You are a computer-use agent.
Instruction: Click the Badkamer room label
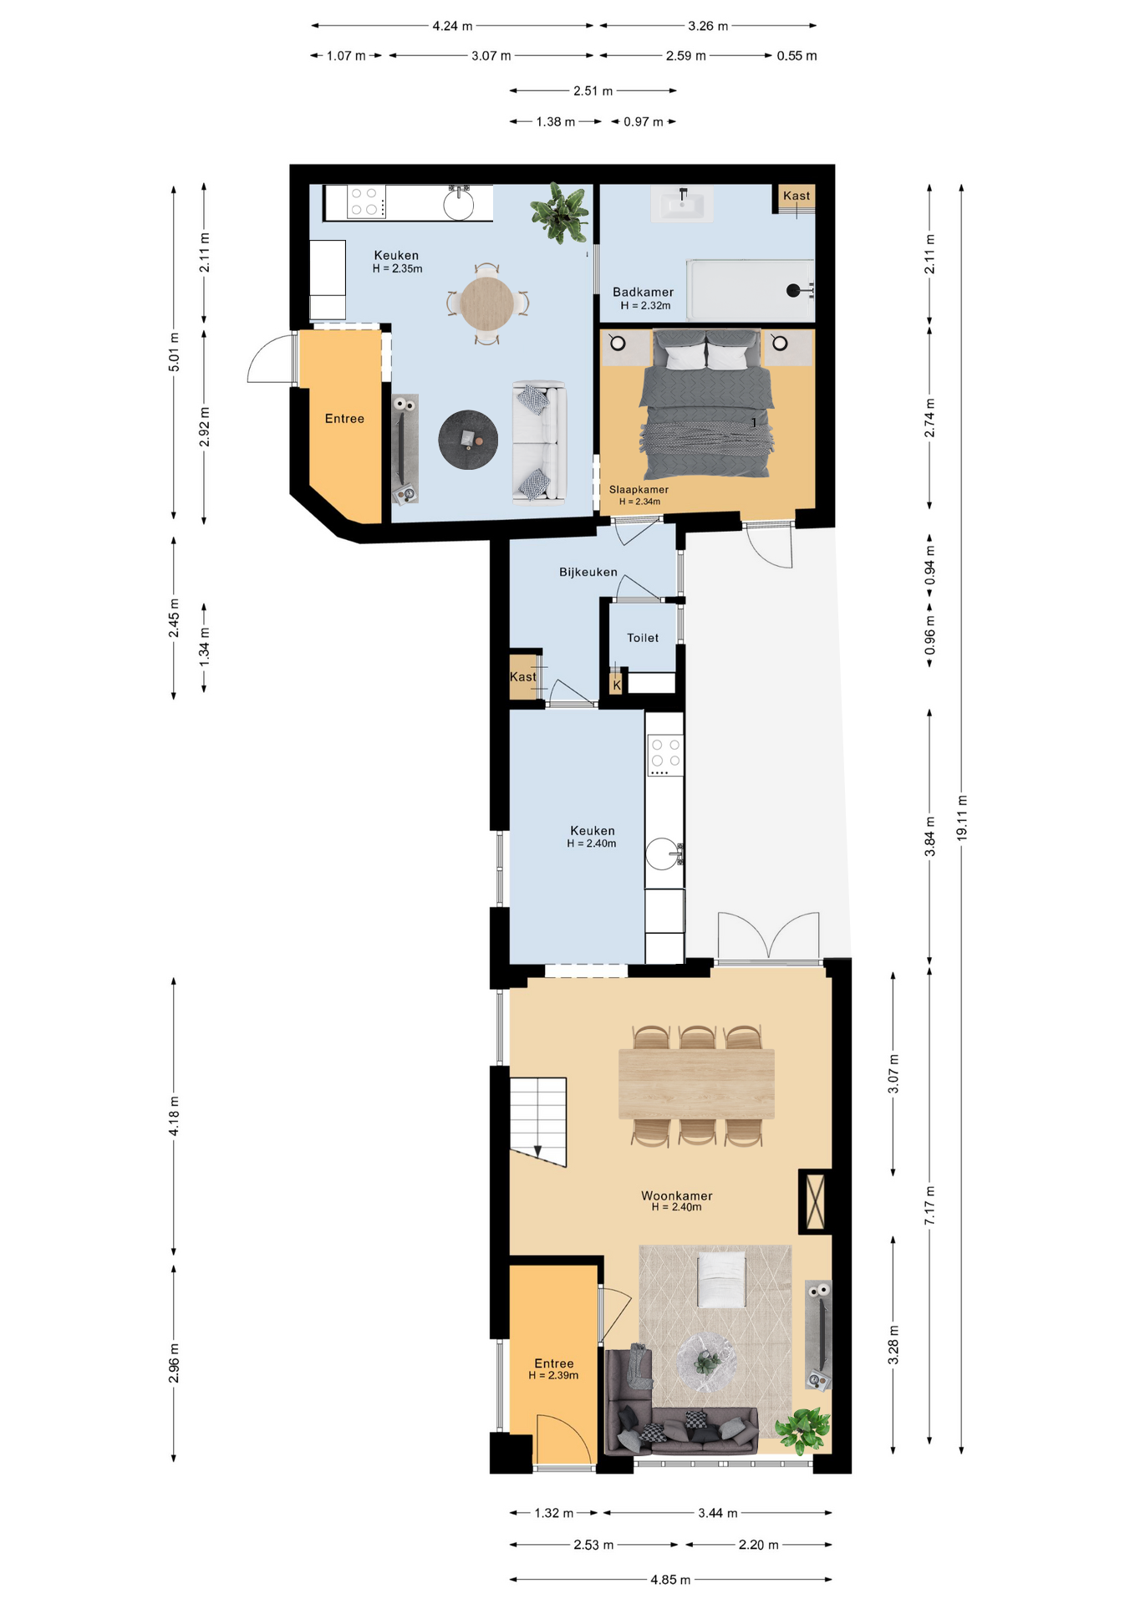click(643, 292)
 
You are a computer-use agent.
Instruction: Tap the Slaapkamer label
click(639, 490)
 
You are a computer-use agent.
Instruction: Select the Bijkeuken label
click(588, 572)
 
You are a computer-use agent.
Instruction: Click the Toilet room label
click(643, 638)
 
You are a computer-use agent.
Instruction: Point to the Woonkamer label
click(677, 1195)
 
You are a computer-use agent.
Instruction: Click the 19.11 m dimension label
click(962, 818)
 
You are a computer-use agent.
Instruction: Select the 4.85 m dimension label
click(670, 1580)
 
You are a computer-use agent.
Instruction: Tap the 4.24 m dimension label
click(452, 26)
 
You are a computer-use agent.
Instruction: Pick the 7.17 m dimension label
click(929, 1206)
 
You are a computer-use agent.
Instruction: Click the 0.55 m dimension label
click(797, 56)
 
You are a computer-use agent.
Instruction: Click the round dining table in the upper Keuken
click(487, 303)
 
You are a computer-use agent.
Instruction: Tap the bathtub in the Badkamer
click(751, 290)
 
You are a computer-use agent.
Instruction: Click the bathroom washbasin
click(683, 204)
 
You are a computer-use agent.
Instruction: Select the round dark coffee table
click(468, 440)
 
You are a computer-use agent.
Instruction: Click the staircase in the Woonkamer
click(538, 1121)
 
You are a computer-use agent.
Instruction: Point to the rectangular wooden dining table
click(696, 1083)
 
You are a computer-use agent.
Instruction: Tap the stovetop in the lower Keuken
click(665, 755)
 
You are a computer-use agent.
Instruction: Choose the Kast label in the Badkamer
click(797, 196)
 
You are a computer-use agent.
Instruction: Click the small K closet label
click(617, 685)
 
